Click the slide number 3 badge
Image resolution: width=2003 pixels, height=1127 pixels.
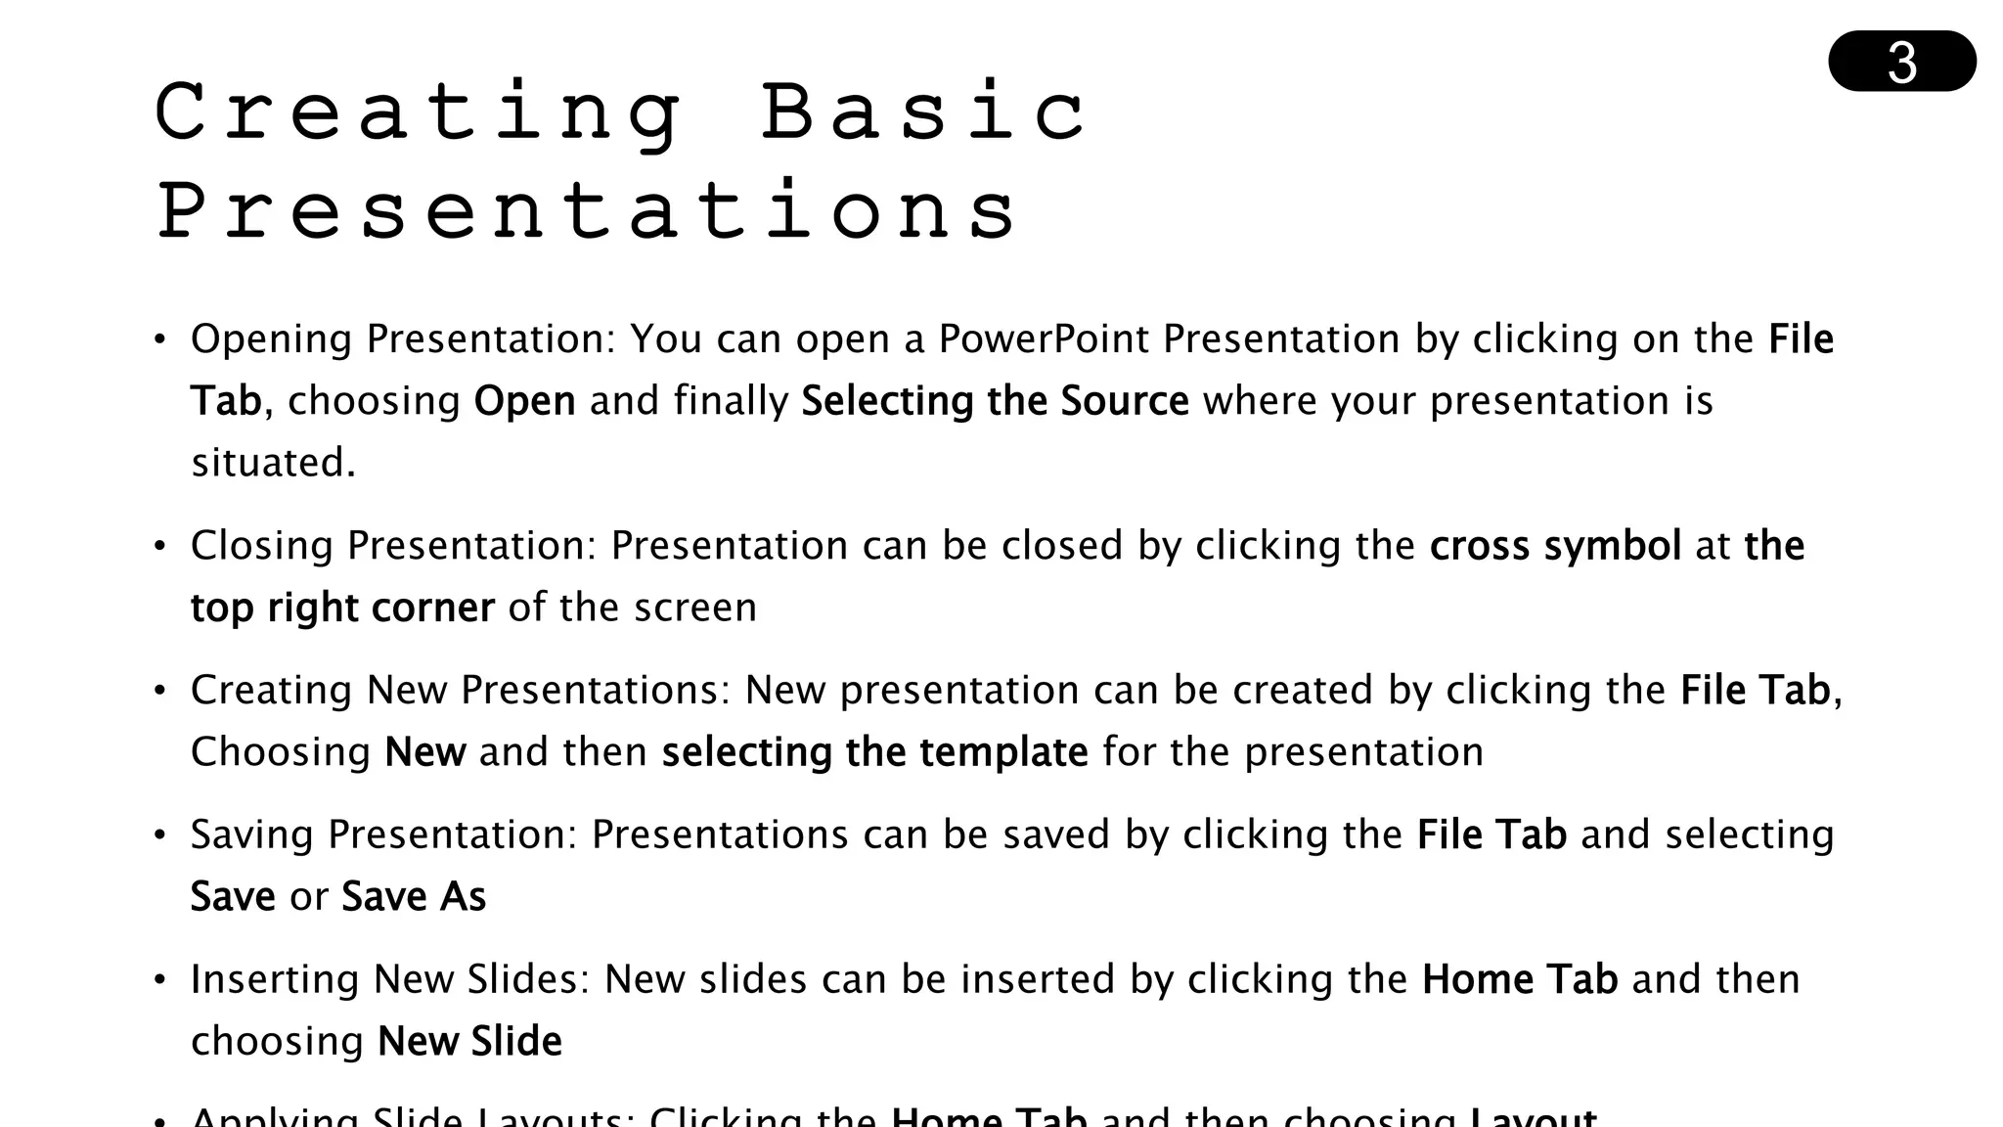pos(1901,62)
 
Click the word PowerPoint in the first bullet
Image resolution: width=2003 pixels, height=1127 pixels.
pos(1044,339)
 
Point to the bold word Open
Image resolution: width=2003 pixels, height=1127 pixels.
pos(524,402)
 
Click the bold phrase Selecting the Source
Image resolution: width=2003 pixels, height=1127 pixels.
pos(995,402)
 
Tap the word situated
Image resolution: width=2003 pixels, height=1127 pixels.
pos(272,463)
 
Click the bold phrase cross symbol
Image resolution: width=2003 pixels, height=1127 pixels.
pos(1555,546)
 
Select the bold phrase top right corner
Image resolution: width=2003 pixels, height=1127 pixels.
pos(342,609)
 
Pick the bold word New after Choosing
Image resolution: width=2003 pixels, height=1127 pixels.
pos(425,752)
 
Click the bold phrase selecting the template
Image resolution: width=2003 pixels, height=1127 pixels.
pos(874,752)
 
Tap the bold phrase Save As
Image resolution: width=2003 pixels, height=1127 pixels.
pos(413,897)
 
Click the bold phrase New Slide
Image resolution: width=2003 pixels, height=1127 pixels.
pos(469,1042)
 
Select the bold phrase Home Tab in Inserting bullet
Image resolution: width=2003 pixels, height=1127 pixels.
pos(1519,979)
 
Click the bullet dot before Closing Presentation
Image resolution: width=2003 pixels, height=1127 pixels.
pos(160,547)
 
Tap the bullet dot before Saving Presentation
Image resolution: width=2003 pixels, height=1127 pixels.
pos(160,835)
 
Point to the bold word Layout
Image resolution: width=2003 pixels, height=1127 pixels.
pos(1534,1117)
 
